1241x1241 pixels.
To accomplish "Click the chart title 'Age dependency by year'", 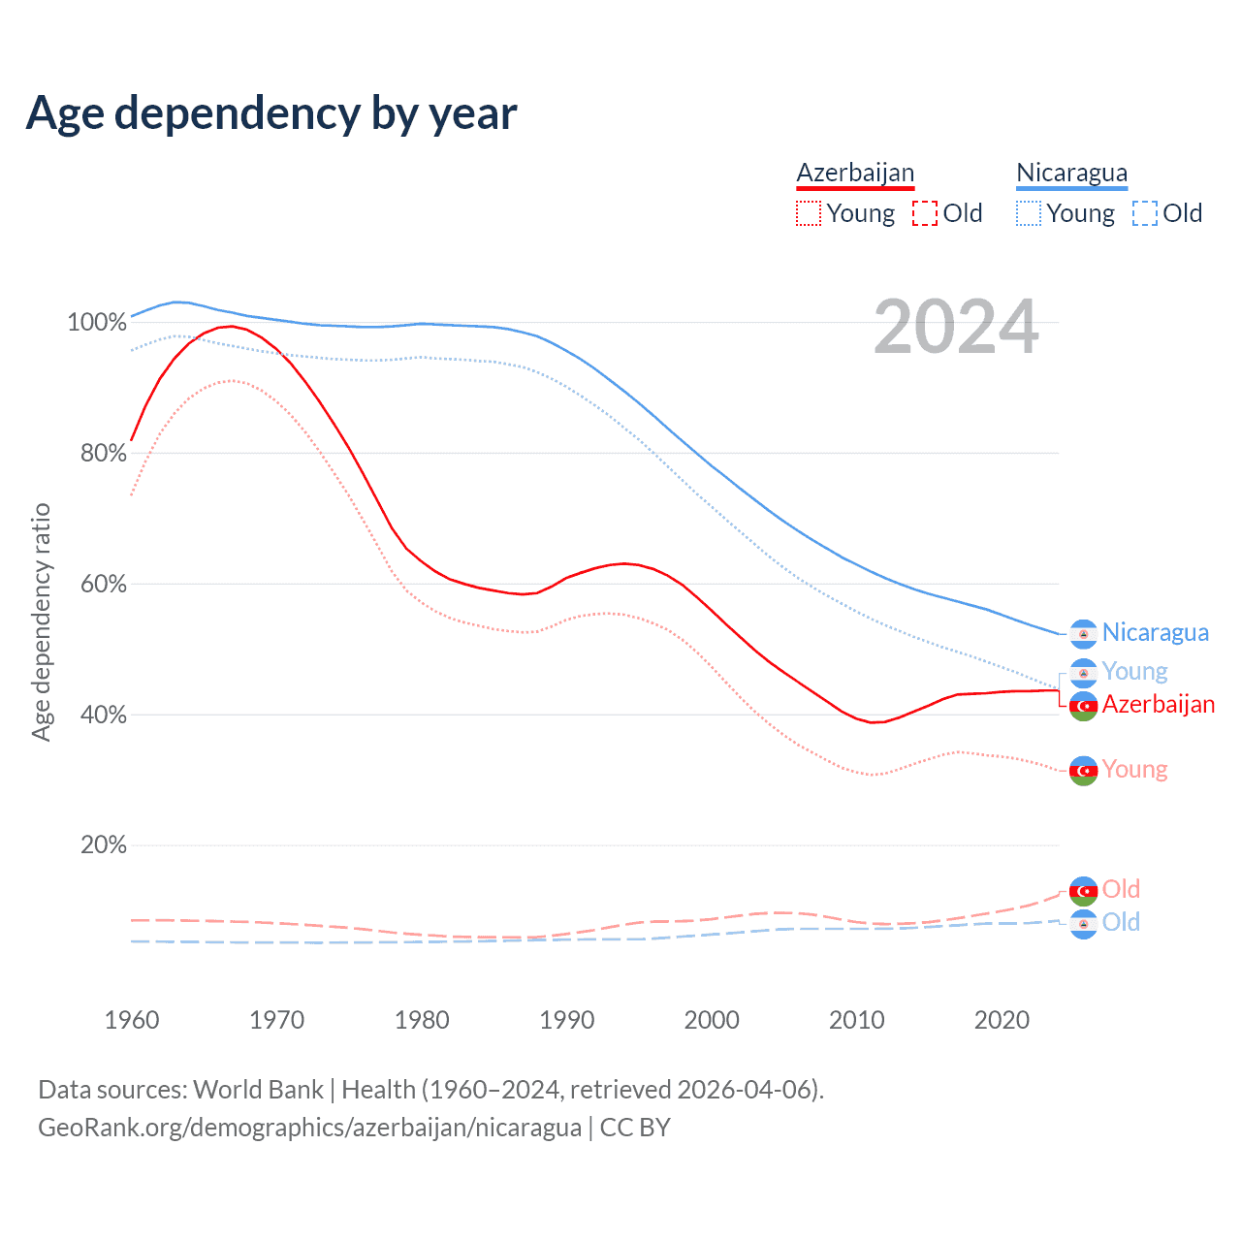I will click(x=271, y=113).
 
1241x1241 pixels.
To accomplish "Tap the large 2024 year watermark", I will click(x=956, y=328).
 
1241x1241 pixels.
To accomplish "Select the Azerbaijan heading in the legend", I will click(x=855, y=173).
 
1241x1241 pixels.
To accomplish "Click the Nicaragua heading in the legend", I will click(x=1071, y=173).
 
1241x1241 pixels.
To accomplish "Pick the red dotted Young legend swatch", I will click(x=808, y=213).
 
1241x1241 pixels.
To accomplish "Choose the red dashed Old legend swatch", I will click(x=925, y=213).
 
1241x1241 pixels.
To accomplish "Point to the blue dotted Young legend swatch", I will click(x=1028, y=213).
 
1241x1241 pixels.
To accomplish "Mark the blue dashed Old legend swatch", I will click(x=1145, y=213).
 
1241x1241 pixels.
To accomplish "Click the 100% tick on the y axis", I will click(x=96, y=322).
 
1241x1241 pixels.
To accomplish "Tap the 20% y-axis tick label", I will click(x=103, y=845).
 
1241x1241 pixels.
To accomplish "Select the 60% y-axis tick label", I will click(x=103, y=584).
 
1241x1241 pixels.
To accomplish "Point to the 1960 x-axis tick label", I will click(x=132, y=1020).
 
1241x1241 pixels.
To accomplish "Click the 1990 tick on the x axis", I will click(x=567, y=1020).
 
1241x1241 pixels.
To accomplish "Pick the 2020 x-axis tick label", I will click(x=1002, y=1020).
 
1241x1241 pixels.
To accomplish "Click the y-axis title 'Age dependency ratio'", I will click(x=41, y=621).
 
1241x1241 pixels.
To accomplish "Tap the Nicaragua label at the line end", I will click(x=1155, y=633).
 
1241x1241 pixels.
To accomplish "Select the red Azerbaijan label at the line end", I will click(x=1158, y=705).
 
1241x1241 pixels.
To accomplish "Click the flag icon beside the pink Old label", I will click(x=1083, y=890).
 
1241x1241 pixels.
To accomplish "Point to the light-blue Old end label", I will click(x=1121, y=922).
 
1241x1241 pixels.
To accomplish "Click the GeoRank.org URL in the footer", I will click(x=309, y=1128).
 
